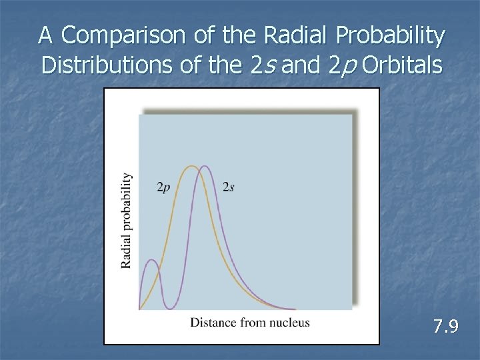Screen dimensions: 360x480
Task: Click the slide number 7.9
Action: coord(445,327)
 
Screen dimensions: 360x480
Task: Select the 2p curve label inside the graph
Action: coord(163,187)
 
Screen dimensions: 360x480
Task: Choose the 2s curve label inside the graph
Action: coord(228,187)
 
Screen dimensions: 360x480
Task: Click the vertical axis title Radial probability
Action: coord(127,221)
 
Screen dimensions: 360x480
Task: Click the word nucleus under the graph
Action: coord(289,323)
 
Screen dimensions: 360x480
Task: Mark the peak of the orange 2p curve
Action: coord(192,166)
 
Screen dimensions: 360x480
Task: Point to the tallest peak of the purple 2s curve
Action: coord(204,166)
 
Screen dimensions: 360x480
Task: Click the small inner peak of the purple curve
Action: coord(151,260)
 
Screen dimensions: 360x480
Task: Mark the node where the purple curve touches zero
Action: coord(171,309)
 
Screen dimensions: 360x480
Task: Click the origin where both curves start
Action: coord(139,309)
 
